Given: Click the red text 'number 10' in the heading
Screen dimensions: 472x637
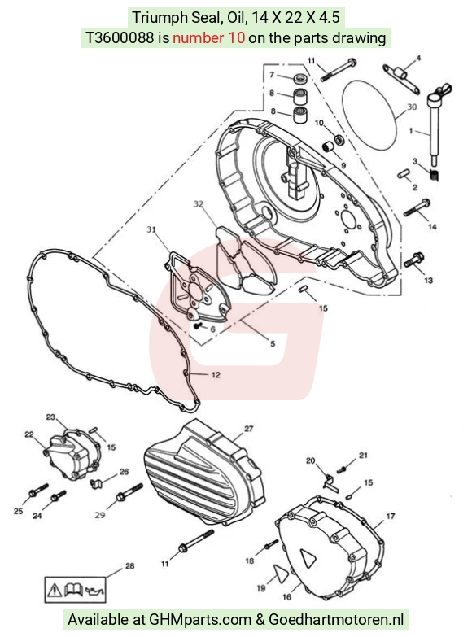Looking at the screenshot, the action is pyautogui.click(x=209, y=37).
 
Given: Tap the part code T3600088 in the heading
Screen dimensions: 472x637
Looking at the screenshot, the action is pyautogui.click(x=120, y=37).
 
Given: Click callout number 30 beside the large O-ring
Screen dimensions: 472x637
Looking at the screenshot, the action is pyautogui.click(x=412, y=107).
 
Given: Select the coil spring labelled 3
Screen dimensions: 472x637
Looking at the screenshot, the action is pyautogui.click(x=435, y=175).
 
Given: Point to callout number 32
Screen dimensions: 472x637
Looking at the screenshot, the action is pyautogui.click(x=199, y=204).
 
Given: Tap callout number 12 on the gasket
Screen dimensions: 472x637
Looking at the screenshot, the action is pyautogui.click(x=216, y=374).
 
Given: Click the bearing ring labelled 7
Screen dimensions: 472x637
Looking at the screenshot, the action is pyautogui.click(x=300, y=78).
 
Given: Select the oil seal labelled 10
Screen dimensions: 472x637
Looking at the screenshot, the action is pyautogui.click(x=339, y=139).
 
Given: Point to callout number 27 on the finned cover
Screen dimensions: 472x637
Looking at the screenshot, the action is pyautogui.click(x=249, y=429).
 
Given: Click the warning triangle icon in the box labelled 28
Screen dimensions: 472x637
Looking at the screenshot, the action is pyautogui.click(x=55, y=590).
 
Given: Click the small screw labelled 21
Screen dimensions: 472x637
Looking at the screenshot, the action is pyautogui.click(x=343, y=469).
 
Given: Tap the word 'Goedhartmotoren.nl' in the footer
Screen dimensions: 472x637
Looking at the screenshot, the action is pyautogui.click(x=336, y=620).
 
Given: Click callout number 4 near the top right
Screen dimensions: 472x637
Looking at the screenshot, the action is pyautogui.click(x=418, y=58).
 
